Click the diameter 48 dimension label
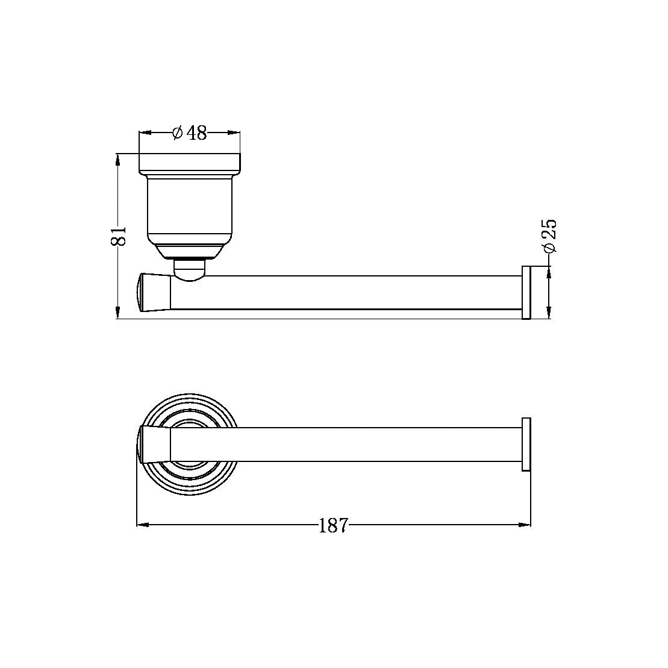click(x=190, y=133)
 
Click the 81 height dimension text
click(x=119, y=236)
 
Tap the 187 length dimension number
click(x=333, y=525)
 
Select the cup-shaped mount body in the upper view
click(x=189, y=208)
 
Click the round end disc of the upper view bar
click(x=526, y=292)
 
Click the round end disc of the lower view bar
click(x=526, y=445)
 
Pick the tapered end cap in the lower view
click(x=154, y=445)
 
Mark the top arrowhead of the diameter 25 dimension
click(x=549, y=271)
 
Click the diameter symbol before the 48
click(x=177, y=133)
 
